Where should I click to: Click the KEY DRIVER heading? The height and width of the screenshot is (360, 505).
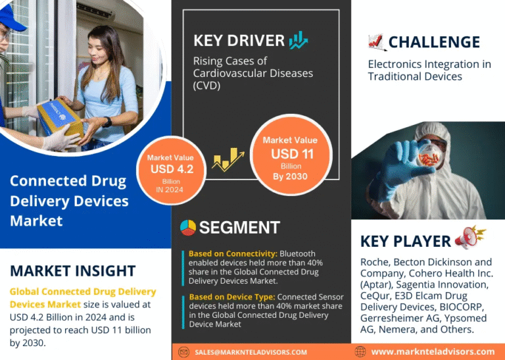pos(239,41)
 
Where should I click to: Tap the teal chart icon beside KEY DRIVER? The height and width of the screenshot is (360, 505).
pos(299,40)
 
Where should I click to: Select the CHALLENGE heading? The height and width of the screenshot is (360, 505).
pos(434,42)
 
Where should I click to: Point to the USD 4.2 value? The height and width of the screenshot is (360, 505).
pos(172,169)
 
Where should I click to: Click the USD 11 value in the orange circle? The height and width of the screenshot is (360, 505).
pos(292,154)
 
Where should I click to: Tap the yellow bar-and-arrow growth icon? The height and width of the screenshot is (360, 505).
pos(228,159)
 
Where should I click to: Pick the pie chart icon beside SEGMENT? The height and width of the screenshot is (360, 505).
pos(188,228)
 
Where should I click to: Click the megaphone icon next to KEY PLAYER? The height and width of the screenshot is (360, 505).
pos(470,238)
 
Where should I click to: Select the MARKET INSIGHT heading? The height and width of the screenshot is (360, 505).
pos(73,270)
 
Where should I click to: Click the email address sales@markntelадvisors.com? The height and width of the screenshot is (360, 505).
pos(251,352)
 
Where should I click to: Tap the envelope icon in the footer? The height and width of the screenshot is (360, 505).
pos(183,352)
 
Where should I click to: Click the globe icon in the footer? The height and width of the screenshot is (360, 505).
pos(360,351)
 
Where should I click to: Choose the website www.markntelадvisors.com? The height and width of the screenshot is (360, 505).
pos(433,351)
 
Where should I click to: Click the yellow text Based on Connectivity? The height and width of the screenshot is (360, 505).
pos(233,253)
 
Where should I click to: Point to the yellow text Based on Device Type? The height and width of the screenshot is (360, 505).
pos(232,297)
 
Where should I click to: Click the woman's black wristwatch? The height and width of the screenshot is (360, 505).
pos(107,122)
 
